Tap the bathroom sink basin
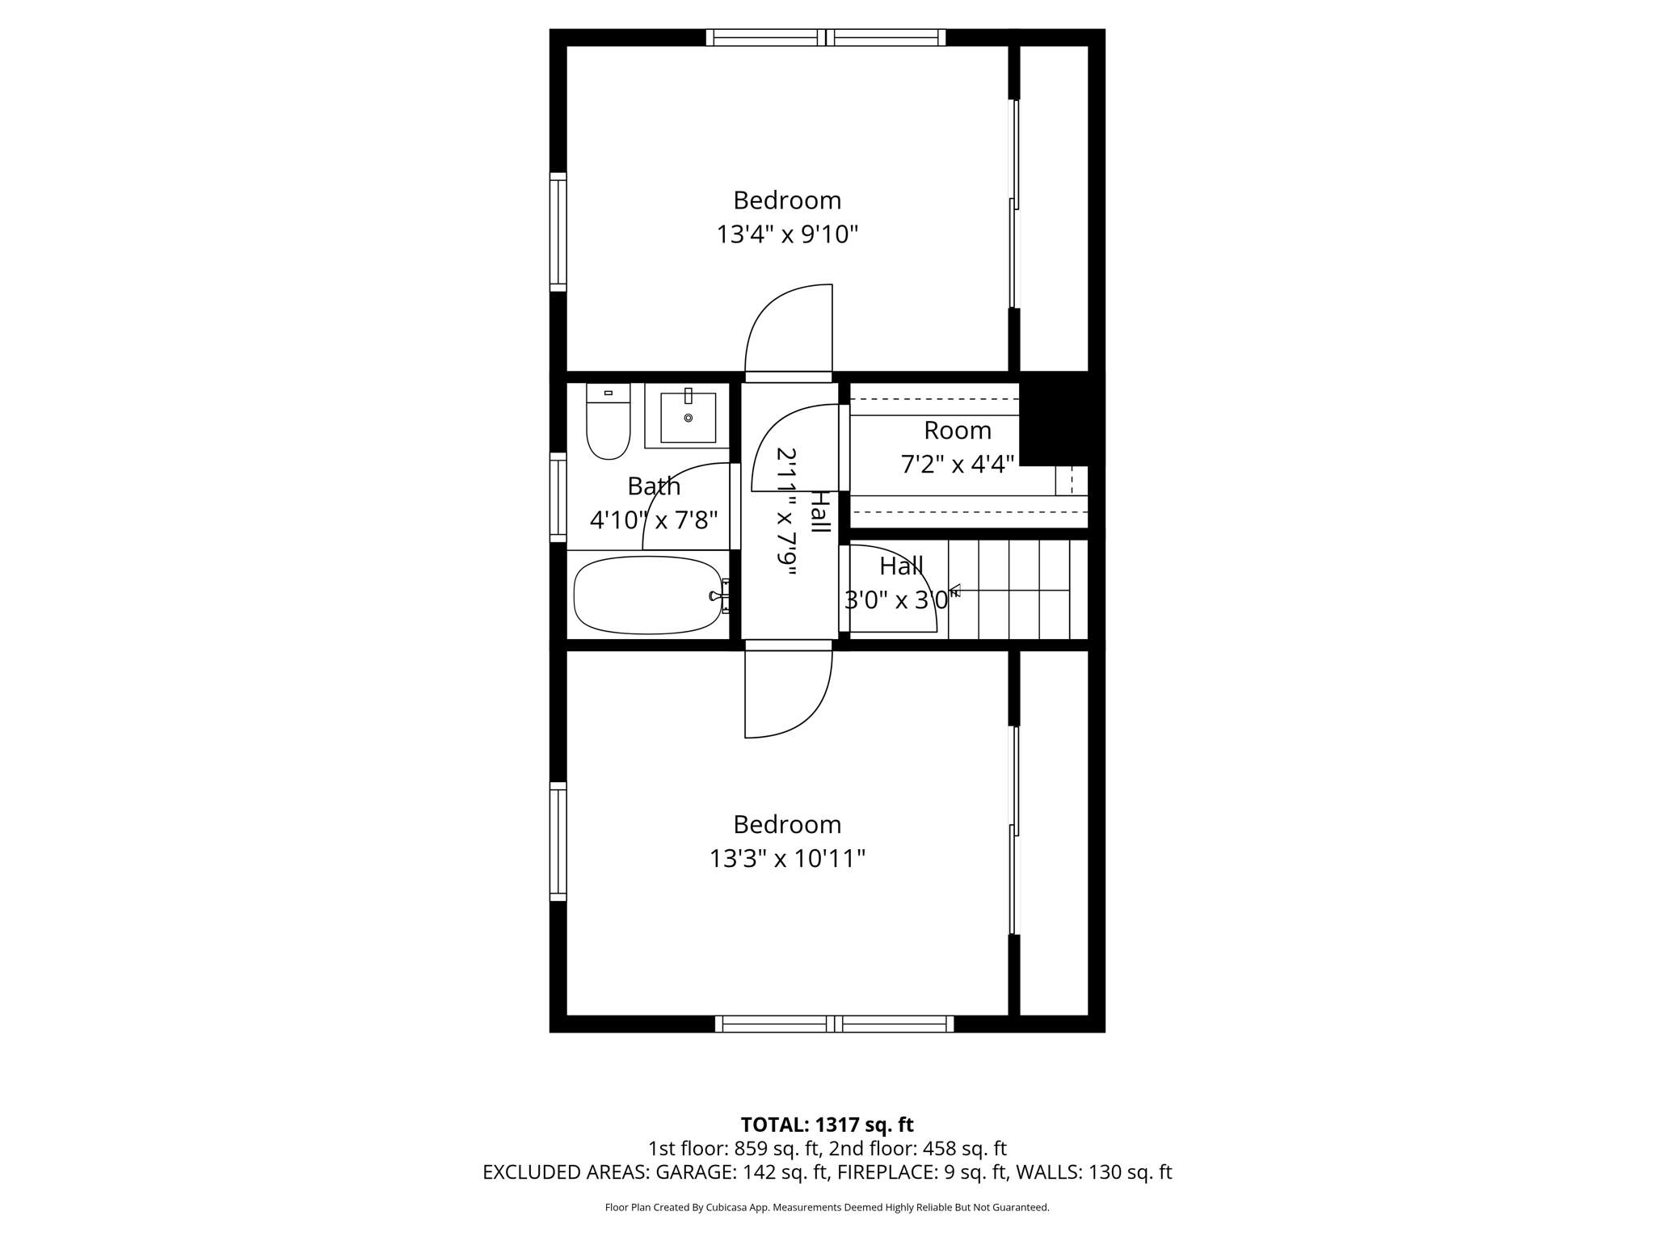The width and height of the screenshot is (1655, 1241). tap(688, 418)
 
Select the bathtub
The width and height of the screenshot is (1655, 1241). tap(648, 596)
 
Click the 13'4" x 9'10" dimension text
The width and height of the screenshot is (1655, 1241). tap(787, 235)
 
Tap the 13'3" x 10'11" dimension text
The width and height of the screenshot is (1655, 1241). tap(787, 859)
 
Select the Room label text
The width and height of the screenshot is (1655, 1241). tap(958, 431)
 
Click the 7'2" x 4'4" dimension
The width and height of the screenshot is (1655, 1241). tap(958, 465)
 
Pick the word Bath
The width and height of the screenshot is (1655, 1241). tap(654, 486)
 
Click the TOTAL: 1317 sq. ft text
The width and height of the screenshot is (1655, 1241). tap(827, 1125)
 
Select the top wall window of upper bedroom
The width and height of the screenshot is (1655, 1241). tap(826, 37)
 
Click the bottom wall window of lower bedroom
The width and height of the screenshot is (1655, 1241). tap(834, 1024)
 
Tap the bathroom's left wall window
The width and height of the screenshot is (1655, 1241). tap(558, 497)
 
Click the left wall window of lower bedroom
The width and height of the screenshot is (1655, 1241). tap(558, 841)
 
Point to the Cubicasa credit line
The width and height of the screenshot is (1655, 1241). tap(827, 1208)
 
